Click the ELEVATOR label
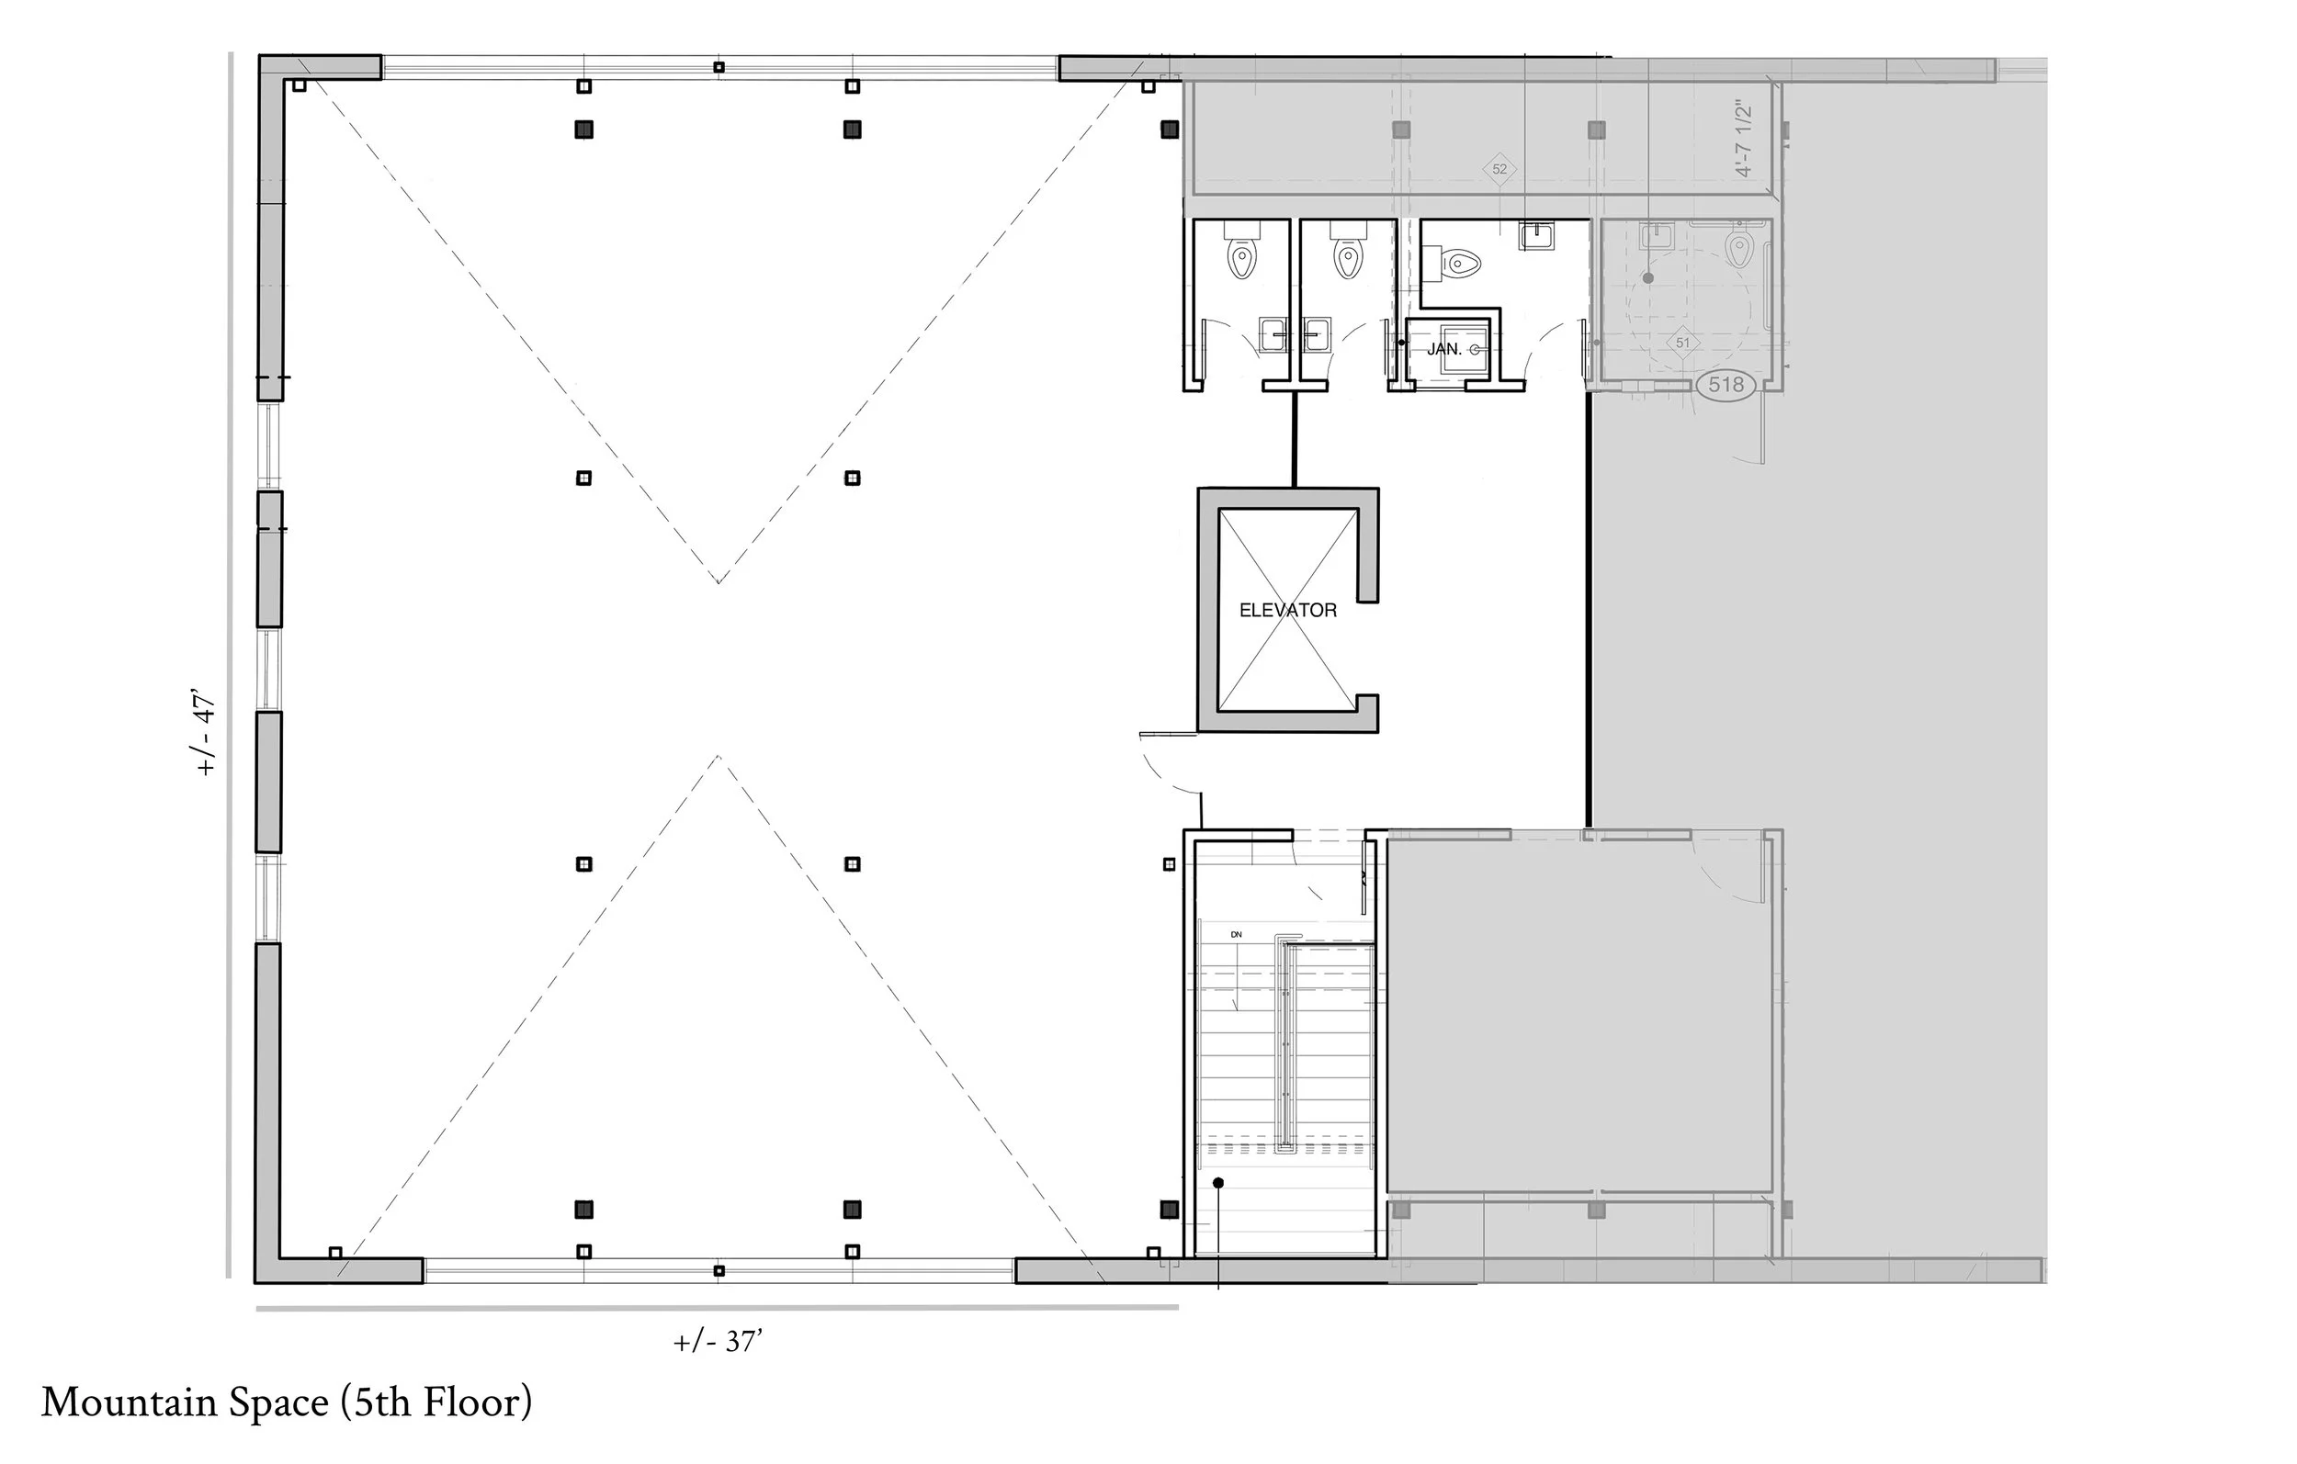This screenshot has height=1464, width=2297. [1288, 611]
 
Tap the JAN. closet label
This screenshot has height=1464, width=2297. [1444, 349]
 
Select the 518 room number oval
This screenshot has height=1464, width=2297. [1726, 384]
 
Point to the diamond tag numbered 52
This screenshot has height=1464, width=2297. [1499, 169]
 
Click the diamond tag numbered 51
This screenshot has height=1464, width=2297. [1682, 343]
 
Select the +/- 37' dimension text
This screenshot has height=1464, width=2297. [719, 1341]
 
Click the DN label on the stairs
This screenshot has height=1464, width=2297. [1237, 935]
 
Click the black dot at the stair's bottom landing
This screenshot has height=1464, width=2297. [1218, 1184]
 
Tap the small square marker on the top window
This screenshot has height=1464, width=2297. [719, 67]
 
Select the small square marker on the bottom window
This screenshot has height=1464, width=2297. [719, 1270]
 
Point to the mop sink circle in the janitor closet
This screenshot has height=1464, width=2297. [1475, 350]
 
